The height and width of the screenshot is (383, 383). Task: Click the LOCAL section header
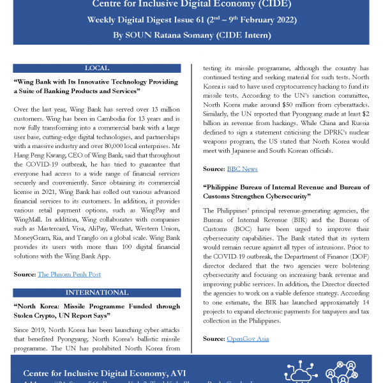(96, 68)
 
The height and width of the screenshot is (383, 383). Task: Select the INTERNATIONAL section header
(96, 293)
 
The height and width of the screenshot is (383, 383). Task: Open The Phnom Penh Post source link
(69, 274)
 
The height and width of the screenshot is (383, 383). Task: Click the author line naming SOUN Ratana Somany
(191, 35)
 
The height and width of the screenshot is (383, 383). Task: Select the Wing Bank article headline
(96, 87)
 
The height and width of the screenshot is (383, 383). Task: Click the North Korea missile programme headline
(96, 310)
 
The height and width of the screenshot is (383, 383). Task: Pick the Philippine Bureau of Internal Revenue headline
(284, 191)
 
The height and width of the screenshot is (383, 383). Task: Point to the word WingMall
(29, 218)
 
